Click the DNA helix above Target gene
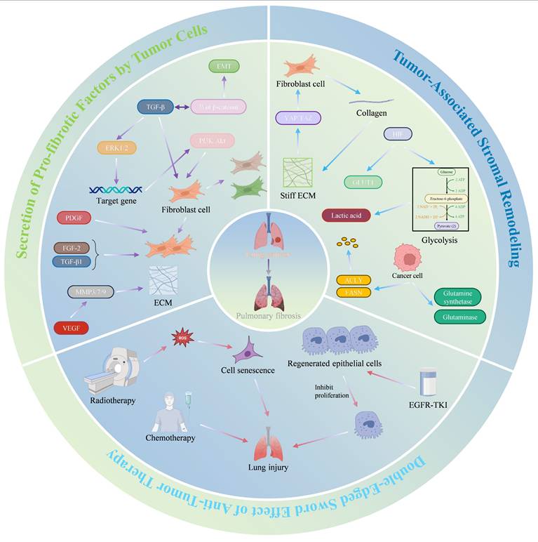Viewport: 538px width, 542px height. [x=115, y=189]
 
